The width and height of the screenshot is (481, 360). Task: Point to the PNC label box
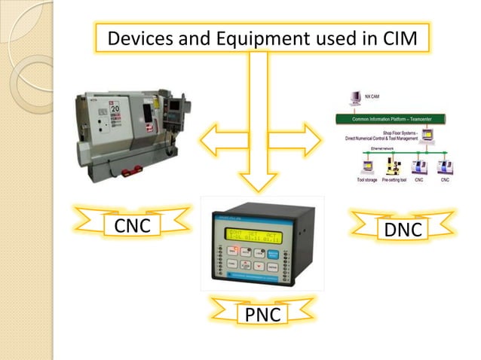[x=259, y=314]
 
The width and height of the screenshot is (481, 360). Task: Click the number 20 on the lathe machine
[x=116, y=109]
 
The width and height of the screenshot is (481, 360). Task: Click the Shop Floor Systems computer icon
[x=427, y=136]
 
